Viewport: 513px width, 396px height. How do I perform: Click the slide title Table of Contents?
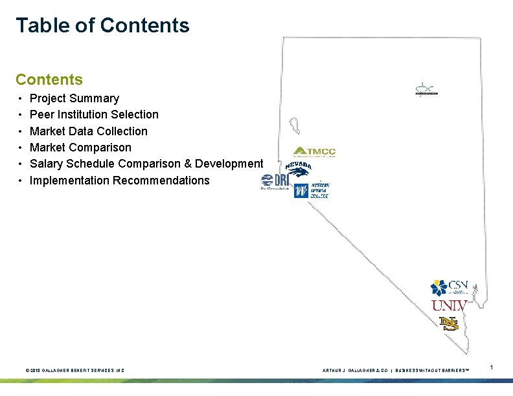[x=102, y=25]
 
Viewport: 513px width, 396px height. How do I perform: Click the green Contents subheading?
[x=49, y=80]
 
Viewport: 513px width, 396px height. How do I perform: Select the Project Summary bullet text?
[x=74, y=98]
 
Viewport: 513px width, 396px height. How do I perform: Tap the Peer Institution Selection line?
[x=94, y=115]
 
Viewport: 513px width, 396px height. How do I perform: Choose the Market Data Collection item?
[x=89, y=131]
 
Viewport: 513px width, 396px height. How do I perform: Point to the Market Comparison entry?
[x=80, y=148]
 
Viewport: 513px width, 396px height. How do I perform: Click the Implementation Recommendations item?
[x=120, y=181]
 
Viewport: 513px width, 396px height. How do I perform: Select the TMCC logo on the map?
[x=314, y=152]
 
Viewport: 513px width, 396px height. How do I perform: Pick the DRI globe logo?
[x=275, y=182]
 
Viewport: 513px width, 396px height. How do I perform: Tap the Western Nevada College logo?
[x=312, y=190]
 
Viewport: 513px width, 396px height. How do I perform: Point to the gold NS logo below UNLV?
[x=448, y=323]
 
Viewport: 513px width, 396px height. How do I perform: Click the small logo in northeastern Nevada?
[x=427, y=89]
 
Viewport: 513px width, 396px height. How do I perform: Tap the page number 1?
[x=492, y=368]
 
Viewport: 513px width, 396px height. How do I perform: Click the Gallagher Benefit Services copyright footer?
[x=74, y=370]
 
